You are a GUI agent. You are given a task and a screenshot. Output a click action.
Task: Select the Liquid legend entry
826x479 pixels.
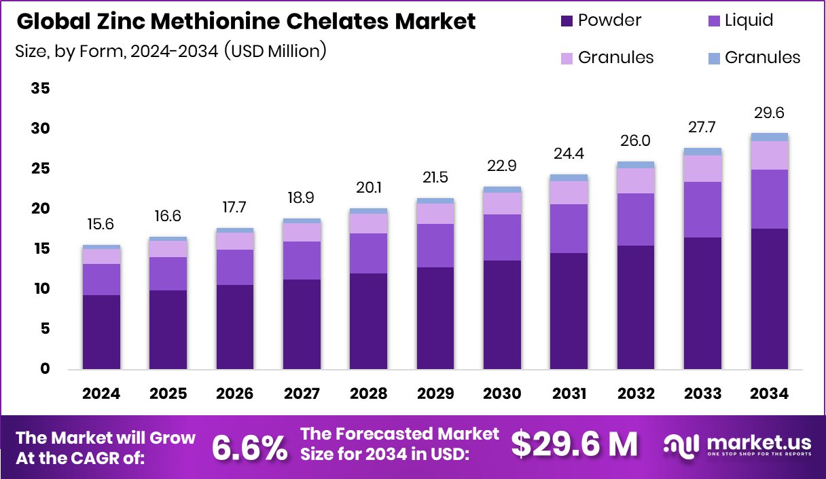click(741, 20)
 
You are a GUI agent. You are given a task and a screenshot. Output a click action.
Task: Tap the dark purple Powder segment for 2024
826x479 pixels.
click(101, 332)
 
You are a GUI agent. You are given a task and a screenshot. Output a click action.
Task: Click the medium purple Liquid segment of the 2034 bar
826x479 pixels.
click(769, 199)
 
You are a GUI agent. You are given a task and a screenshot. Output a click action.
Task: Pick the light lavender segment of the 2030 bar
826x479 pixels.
click(502, 203)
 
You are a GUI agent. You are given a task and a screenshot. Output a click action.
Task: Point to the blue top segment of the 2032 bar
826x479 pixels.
click(636, 165)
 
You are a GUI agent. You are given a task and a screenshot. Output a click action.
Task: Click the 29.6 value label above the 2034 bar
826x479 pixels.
click(769, 113)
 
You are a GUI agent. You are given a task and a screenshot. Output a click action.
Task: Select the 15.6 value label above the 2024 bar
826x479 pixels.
click(101, 225)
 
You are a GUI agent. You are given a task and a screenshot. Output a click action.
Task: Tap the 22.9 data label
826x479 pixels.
click(502, 166)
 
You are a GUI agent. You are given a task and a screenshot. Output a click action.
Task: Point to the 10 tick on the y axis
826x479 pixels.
click(41, 289)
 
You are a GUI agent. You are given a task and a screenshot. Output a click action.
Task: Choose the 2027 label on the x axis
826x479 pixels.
click(302, 394)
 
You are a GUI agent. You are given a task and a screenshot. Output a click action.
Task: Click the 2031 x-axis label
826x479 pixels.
click(569, 394)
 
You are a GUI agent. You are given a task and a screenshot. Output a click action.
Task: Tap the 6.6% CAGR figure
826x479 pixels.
click(249, 447)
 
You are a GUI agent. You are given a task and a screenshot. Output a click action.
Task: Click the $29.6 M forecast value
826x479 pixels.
click(574, 445)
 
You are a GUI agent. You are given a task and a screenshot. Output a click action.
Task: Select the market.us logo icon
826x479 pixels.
click(681, 445)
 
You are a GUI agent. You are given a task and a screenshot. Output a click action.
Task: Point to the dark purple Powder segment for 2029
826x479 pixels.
click(435, 318)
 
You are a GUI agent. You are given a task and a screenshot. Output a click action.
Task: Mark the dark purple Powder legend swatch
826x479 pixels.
click(567, 21)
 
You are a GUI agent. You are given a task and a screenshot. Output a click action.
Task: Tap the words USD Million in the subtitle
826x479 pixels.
click(278, 50)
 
